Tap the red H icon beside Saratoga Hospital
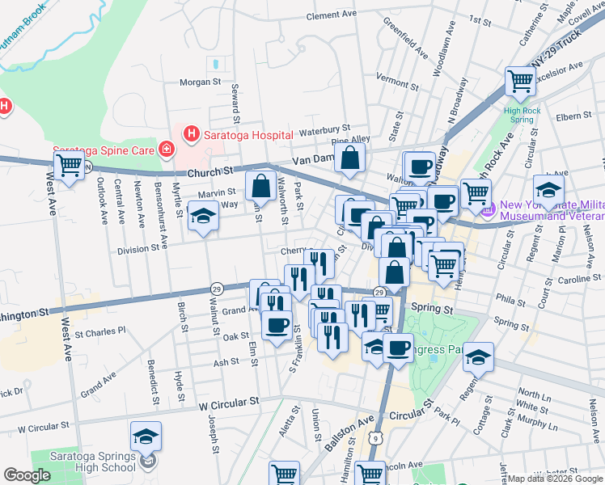click(192, 133)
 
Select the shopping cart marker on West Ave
click(70, 167)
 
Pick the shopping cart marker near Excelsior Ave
click(520, 81)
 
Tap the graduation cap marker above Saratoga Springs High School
click(146, 437)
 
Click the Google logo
click(27, 475)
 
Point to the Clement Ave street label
click(332, 15)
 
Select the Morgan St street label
click(200, 82)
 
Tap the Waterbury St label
click(324, 129)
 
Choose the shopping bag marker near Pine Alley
click(350, 160)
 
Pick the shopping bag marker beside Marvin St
click(260, 187)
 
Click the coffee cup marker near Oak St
click(277, 325)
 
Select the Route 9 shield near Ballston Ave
click(376, 437)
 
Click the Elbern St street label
click(574, 116)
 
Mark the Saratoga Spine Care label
click(105, 150)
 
